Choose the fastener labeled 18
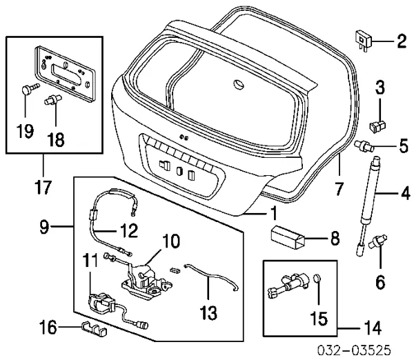[x=50, y=101]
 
